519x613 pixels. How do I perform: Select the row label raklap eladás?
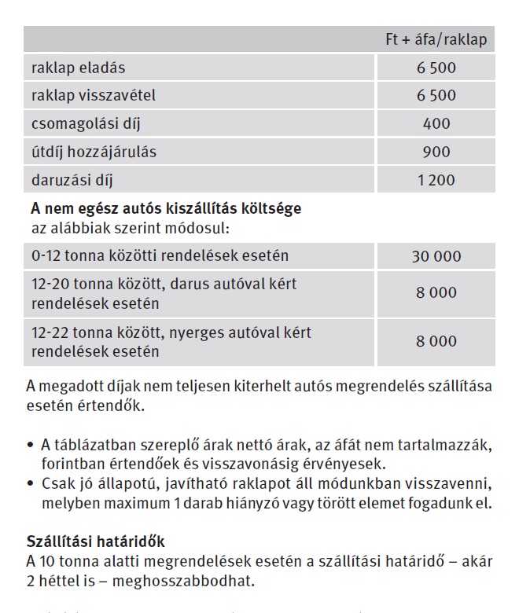(79, 68)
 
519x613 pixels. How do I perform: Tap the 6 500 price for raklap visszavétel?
(436, 96)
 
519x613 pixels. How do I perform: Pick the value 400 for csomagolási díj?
(436, 124)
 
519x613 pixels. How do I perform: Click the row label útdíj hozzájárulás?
(94, 152)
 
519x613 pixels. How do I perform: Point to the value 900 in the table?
(436, 152)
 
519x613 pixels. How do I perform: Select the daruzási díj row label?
(72, 181)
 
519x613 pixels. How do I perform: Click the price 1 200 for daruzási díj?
(436, 181)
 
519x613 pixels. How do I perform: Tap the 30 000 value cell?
(436, 256)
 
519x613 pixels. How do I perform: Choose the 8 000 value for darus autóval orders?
(436, 292)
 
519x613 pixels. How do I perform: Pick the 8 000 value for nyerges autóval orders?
(436, 341)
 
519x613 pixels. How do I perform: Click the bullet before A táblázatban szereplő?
(29, 446)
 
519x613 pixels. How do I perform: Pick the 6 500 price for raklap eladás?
(436, 68)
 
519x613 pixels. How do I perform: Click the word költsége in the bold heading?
(271, 210)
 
